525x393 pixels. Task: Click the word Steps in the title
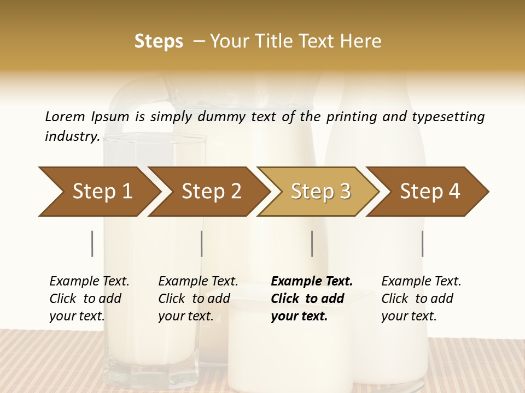point(159,41)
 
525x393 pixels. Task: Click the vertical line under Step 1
point(92,243)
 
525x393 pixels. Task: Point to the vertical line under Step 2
point(202,243)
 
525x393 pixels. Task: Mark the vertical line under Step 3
point(312,243)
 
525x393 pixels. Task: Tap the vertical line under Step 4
point(423,243)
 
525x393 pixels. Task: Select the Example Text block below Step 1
point(89,299)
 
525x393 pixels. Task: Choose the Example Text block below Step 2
point(198,299)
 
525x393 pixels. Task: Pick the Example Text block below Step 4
point(421,299)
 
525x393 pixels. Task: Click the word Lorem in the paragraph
point(65,116)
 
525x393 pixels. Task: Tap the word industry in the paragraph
point(72,136)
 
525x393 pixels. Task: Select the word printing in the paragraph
point(346,117)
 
